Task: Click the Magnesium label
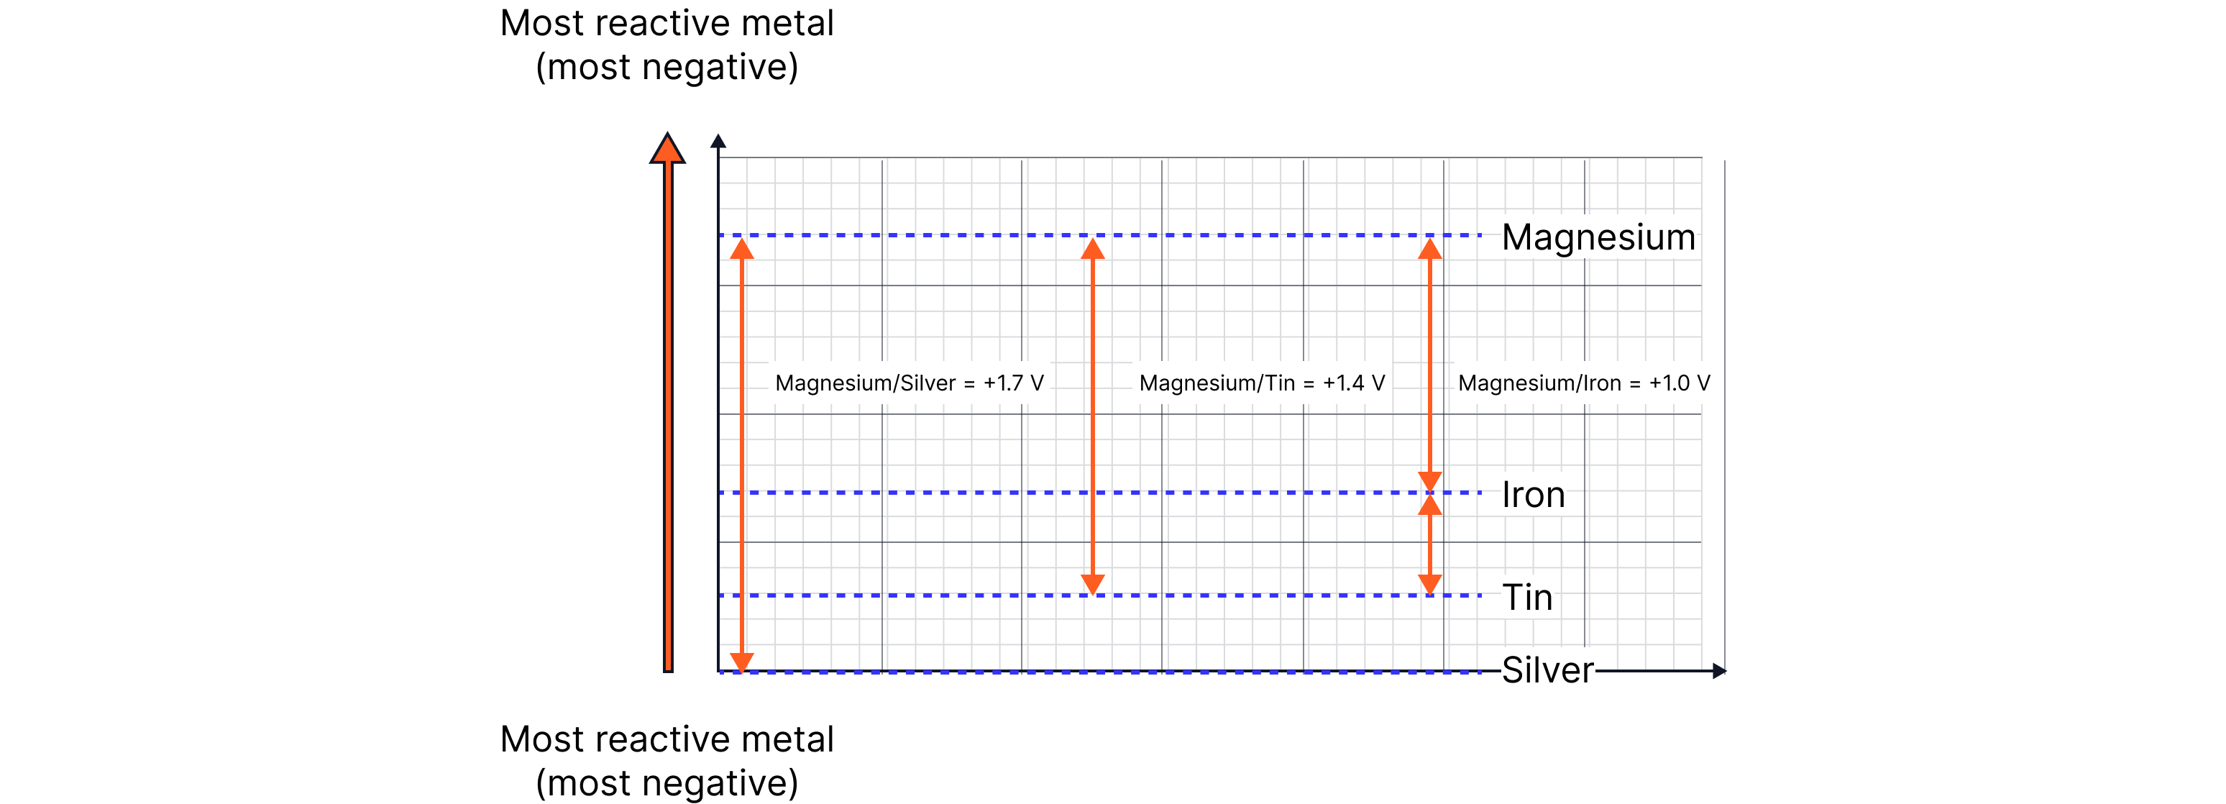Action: pos(1598,237)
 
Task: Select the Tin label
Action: pos(1527,596)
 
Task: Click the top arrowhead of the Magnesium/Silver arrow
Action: pos(741,249)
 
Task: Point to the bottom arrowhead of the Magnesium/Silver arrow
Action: pos(741,662)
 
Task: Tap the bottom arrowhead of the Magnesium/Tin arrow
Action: pos(1093,585)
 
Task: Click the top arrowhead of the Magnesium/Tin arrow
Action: pos(1093,249)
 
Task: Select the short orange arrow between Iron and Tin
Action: pos(1430,544)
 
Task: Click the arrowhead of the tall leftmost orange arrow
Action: pos(667,149)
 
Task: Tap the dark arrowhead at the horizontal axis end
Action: pos(1719,671)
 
